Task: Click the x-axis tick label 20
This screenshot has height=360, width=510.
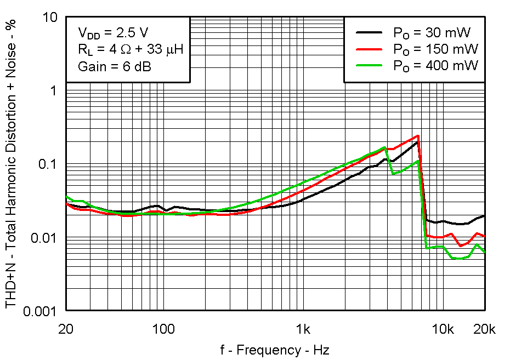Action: point(66,329)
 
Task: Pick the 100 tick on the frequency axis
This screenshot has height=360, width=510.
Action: point(163,329)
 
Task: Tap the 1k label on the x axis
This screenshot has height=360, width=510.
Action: point(303,329)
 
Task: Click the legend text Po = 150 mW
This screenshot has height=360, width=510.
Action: point(435,49)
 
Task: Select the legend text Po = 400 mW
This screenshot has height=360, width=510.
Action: point(435,65)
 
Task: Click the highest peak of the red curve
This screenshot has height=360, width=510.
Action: point(418,135)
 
